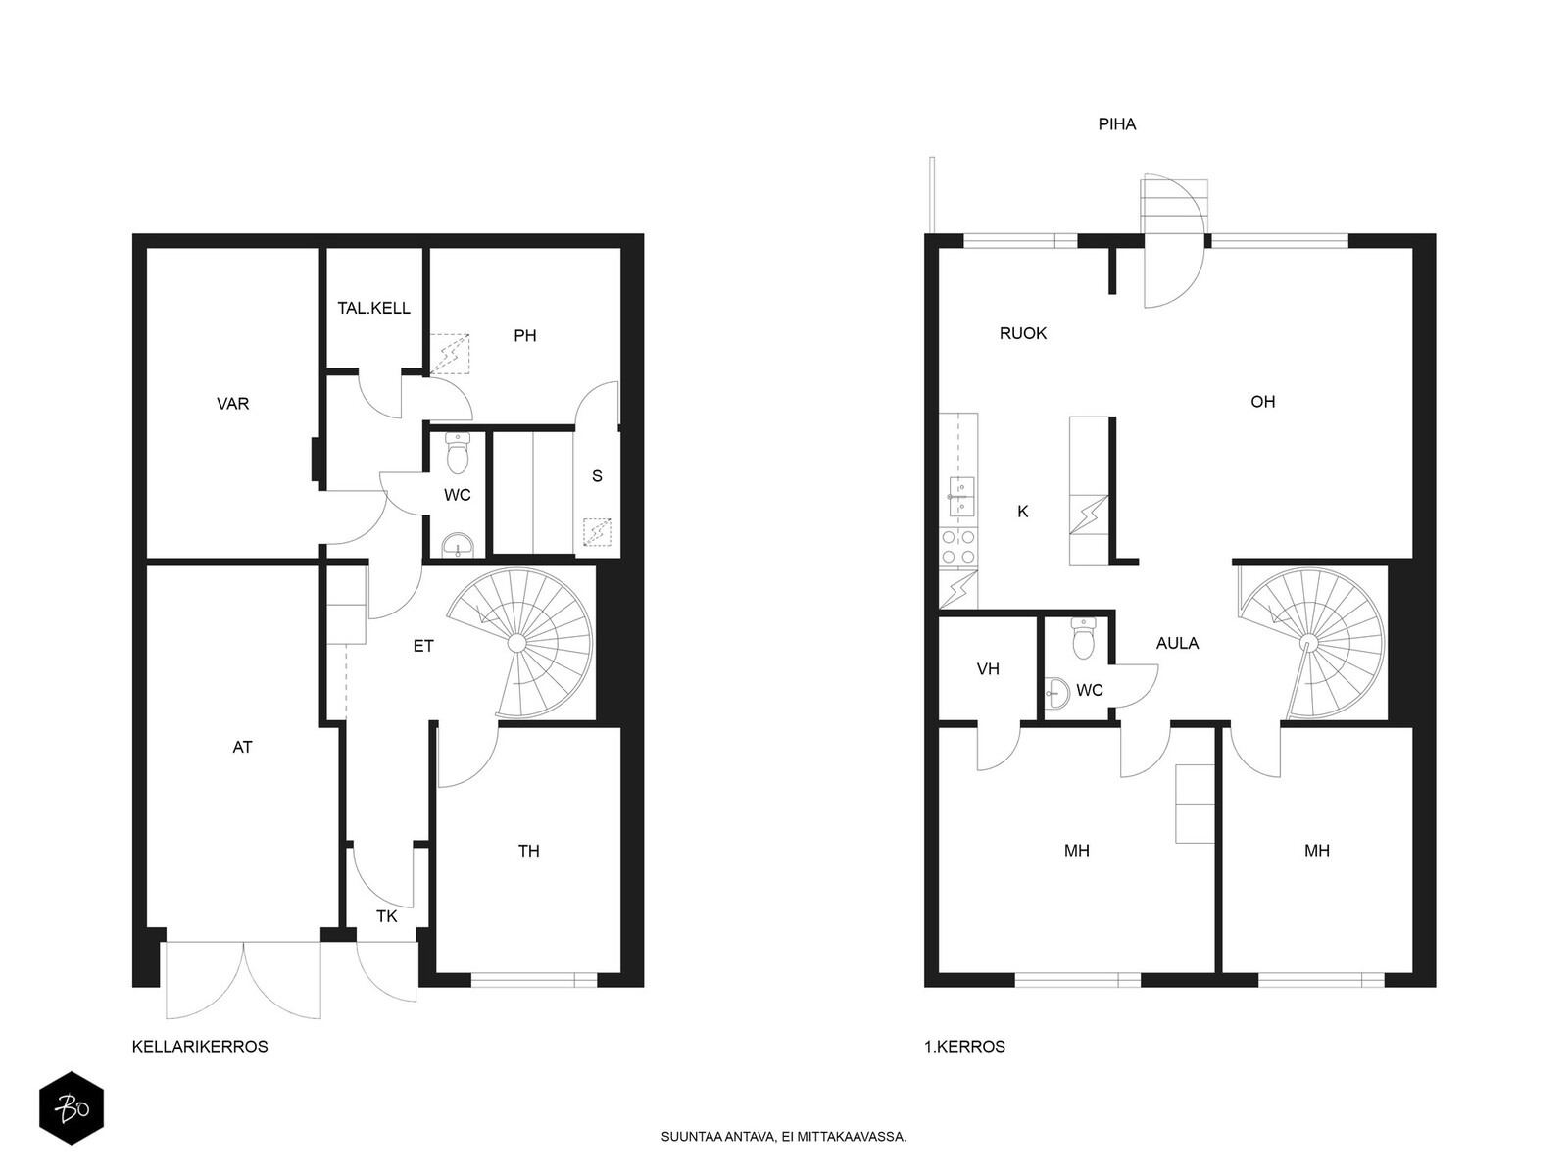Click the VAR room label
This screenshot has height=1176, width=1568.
coord(233,404)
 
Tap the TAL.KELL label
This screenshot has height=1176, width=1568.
coord(373,308)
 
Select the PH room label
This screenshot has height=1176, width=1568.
coord(525,335)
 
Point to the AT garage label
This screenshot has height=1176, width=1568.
coord(242,747)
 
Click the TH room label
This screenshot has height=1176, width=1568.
coord(528,851)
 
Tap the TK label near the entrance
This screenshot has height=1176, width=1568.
coord(386,916)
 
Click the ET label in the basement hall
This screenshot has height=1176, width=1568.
coord(423,646)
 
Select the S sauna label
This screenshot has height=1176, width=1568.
coord(597,475)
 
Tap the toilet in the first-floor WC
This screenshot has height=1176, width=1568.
coord(1084,638)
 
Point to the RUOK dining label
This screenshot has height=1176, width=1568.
coord(1023,333)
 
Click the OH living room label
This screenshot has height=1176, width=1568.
coord(1263,401)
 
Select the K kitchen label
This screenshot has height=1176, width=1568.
coord(1023,512)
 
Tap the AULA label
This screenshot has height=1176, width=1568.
coord(1177,643)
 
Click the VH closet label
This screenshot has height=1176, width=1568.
coord(988,669)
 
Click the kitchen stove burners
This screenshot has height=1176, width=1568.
coord(957,547)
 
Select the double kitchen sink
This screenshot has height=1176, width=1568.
coord(957,496)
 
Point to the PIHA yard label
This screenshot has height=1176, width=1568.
coord(1117,124)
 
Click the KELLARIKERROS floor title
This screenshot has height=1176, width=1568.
coord(200,1047)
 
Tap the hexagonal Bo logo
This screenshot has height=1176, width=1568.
coord(72,1108)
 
